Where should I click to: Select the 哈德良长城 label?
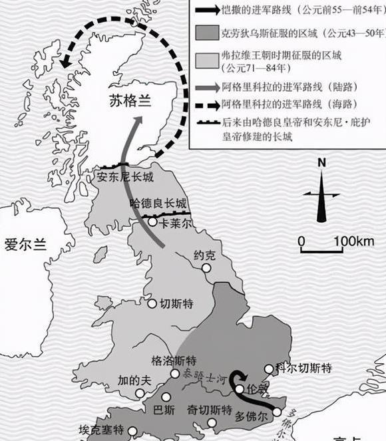[158, 204]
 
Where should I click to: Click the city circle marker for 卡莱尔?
[152, 222]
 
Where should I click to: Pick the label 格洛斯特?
[174, 361]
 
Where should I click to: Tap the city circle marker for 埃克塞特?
[133, 430]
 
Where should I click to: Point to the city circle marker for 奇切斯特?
[211, 422]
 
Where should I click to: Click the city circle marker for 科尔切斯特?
[269, 368]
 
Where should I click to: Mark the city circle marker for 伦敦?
[240, 389]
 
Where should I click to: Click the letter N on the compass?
[321, 162]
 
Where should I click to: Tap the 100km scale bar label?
[355, 241]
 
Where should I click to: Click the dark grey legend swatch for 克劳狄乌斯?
[204, 32]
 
